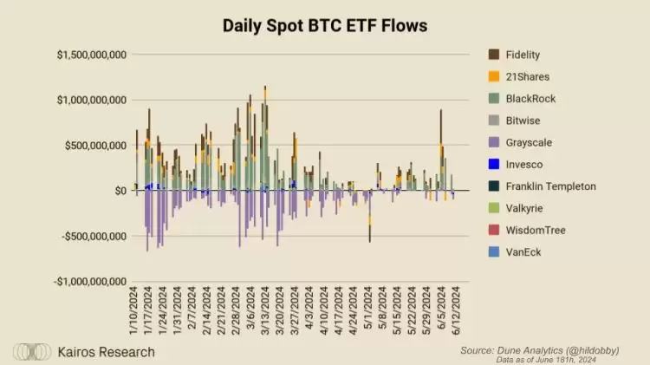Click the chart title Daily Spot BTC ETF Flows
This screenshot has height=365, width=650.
click(324, 26)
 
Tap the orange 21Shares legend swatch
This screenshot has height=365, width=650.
click(494, 76)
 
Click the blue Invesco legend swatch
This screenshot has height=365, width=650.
click(494, 164)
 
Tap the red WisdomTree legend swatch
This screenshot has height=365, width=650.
click(494, 230)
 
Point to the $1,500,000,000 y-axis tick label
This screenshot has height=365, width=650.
click(92, 55)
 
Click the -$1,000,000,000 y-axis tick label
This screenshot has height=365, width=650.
click(90, 281)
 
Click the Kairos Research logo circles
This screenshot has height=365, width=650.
click(31, 352)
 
